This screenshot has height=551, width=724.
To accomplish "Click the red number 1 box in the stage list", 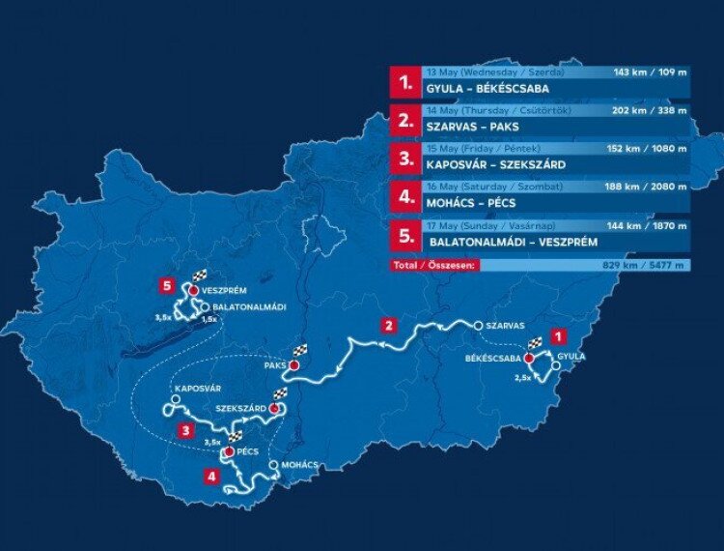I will tap(404, 80).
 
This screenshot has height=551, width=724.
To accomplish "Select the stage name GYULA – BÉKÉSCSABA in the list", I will tap(487, 88).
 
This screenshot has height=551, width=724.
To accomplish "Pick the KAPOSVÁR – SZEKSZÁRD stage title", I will tap(497, 165).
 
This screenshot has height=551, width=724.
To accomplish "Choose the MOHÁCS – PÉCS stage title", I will tap(471, 203).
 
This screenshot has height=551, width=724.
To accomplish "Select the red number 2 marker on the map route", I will tap(387, 325).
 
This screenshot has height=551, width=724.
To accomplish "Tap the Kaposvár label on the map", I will tap(199, 388).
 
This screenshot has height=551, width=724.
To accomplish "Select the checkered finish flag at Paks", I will tap(300, 351).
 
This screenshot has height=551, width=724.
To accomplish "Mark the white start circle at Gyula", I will tap(557, 367).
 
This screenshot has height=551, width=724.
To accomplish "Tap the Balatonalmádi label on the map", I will tap(247, 306).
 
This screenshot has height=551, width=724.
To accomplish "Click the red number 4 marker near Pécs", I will tap(210, 476).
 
